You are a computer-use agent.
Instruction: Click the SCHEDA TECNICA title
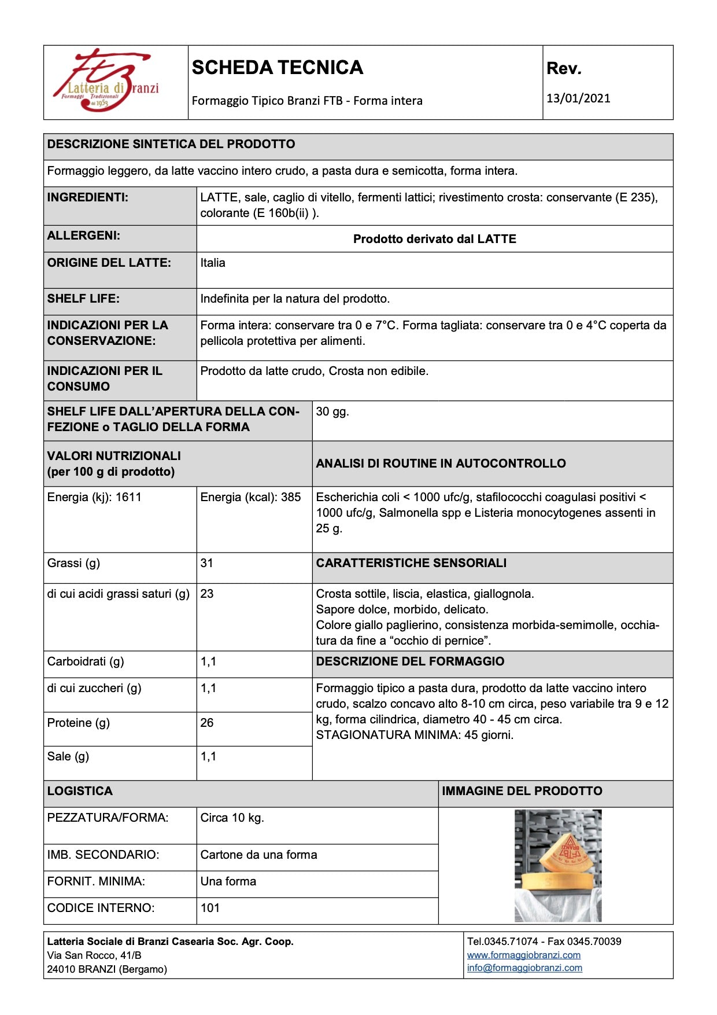(x=277, y=68)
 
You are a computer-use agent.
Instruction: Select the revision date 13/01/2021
(x=578, y=98)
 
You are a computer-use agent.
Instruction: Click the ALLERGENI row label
(x=84, y=236)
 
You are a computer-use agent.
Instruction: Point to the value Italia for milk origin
(x=213, y=263)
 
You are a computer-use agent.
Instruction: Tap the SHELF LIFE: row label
(x=83, y=299)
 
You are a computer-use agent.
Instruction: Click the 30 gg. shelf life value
(x=332, y=411)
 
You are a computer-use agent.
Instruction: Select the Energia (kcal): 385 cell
(x=250, y=497)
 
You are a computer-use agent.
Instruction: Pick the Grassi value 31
(x=207, y=563)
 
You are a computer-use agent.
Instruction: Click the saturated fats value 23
(x=207, y=594)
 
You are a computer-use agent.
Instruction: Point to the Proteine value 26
(x=207, y=723)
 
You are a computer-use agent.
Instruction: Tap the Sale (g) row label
(x=68, y=756)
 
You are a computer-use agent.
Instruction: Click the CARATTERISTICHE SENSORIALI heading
(x=411, y=563)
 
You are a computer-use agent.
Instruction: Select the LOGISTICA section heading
(x=80, y=791)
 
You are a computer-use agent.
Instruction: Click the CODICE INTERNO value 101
(x=210, y=908)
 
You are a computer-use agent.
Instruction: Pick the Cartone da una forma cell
(x=258, y=855)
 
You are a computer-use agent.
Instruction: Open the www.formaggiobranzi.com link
(x=523, y=955)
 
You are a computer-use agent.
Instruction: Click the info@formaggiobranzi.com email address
(x=524, y=968)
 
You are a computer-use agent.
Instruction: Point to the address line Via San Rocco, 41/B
(x=94, y=955)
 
